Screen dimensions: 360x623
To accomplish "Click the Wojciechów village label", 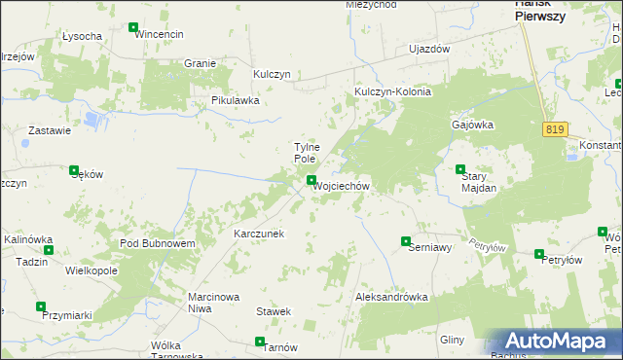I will pos(341,186).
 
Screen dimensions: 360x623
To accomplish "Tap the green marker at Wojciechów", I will pos(311,180).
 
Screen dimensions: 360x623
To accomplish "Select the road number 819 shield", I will pos(555,129).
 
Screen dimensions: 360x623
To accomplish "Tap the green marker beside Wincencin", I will pos(132,27).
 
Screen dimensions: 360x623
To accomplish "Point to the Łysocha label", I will pos(82,36).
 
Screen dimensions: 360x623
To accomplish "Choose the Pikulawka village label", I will pos(236,100).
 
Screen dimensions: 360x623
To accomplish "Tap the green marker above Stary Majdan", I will pos(461,169).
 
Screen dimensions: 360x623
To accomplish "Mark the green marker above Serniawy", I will pos(406,240).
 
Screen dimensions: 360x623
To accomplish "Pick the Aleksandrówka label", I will pos(392,296).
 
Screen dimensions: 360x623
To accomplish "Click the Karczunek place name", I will pos(258,234).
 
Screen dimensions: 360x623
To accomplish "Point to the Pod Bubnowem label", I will pos(158,243).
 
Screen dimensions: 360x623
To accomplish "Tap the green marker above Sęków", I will pos(74,169).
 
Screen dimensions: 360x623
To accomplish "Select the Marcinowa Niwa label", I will pos(213,303).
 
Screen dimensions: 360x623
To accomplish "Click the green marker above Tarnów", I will pos(260,342).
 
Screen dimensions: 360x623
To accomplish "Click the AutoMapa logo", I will pos(552,342).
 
